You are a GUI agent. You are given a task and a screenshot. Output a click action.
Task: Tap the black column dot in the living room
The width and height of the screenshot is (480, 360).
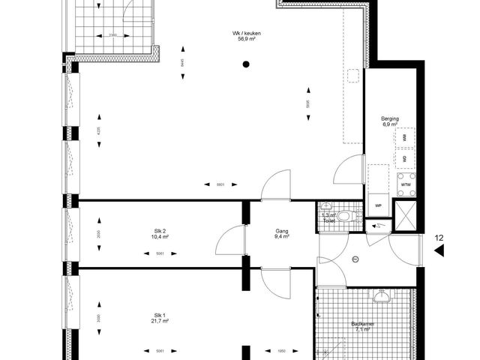pos(245,65)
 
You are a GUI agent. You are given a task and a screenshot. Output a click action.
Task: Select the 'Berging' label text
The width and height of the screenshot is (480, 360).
pos(390,118)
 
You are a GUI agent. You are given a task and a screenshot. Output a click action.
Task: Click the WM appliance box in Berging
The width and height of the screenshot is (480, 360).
pos(405,138)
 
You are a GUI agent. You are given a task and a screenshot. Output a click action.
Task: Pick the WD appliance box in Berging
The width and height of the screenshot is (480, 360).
pos(405,159)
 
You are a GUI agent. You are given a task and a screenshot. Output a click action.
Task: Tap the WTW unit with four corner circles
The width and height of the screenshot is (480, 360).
pos(406,184)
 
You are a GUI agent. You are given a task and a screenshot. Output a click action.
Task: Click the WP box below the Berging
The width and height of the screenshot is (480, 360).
pos(379,204)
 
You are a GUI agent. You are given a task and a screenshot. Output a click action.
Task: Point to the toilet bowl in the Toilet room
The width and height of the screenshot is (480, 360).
pos(343,217)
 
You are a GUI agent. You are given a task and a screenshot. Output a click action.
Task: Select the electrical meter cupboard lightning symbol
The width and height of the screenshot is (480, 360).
pos(378,224)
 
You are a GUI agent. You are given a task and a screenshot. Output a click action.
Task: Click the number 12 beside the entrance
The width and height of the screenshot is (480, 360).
pos(440,238)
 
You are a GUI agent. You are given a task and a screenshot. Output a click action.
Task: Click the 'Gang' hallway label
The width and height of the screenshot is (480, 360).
pos(282,232)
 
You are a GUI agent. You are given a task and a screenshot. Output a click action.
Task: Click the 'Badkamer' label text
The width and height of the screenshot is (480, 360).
pos(364,324)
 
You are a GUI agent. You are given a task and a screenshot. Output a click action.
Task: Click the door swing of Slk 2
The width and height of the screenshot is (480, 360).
pos(227,239)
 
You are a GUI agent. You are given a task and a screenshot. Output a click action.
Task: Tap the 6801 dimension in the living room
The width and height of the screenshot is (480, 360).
pos(220,184)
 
